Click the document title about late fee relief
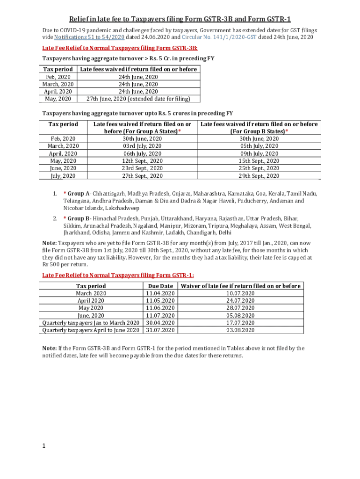click(x=180, y=19)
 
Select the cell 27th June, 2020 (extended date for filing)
click(x=137, y=99)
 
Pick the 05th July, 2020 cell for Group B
click(x=259, y=146)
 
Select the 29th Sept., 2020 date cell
click(x=259, y=176)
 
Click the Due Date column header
click(x=160, y=286)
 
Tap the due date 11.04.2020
click(x=160, y=293)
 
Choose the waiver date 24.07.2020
click(x=241, y=301)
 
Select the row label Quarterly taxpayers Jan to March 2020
click(x=91, y=323)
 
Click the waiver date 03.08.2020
click(x=241, y=330)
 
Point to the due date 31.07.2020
click(x=160, y=330)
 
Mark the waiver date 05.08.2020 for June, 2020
click(x=241, y=315)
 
